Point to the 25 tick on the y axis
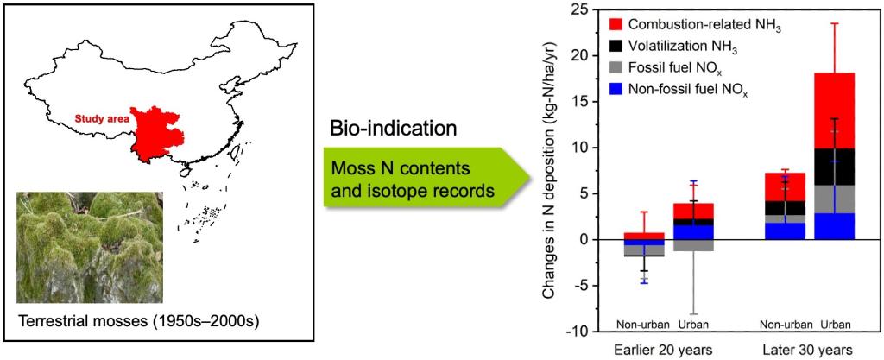tap(590, 9)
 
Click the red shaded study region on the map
tap(159, 138)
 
